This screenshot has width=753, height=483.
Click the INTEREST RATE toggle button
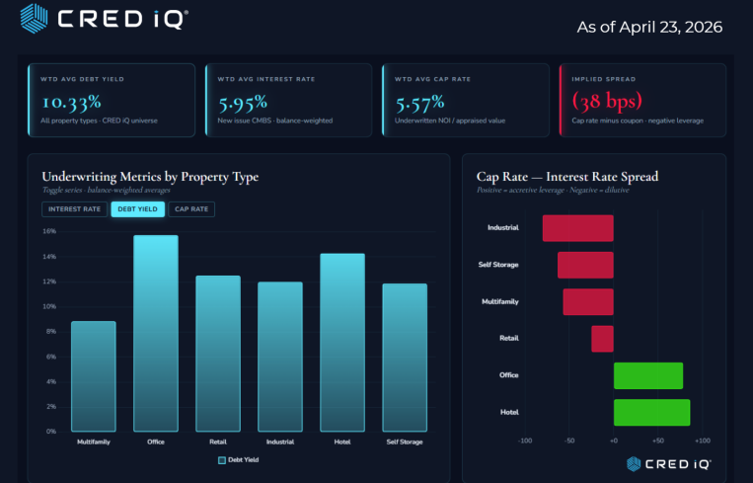[x=73, y=209]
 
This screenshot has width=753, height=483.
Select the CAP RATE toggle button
[x=191, y=209]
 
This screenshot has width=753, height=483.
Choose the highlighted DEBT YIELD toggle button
[x=138, y=209]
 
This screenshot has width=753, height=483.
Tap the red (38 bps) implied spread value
[x=606, y=101]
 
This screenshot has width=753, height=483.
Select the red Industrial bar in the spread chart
[x=577, y=227]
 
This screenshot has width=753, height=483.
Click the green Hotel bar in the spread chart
[x=651, y=412]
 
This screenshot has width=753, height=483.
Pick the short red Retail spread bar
[x=602, y=338]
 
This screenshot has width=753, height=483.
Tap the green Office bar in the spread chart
[x=647, y=375]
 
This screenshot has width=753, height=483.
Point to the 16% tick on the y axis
[x=49, y=231]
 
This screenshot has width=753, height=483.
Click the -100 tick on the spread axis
[x=525, y=441]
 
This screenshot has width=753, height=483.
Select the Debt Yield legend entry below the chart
[x=238, y=459]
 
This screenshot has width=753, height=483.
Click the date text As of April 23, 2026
[x=649, y=27]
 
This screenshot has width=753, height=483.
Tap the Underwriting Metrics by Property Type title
[x=150, y=177]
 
